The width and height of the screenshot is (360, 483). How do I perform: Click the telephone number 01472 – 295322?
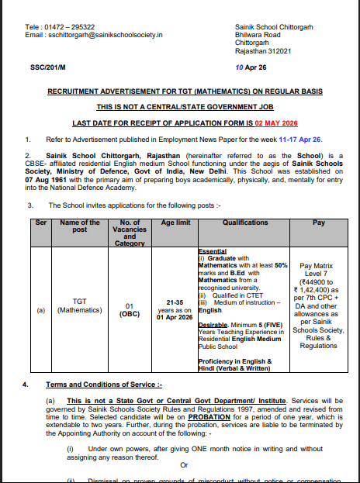pyautogui.click(x=64, y=27)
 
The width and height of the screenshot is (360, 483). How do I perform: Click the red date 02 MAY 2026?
pyautogui.click(x=276, y=123)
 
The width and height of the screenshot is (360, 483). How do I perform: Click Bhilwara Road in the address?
pyautogui.click(x=258, y=35)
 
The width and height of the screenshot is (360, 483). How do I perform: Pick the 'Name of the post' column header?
pyautogui.click(x=81, y=225)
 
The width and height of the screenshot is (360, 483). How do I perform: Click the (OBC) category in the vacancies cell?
pyautogui.click(x=129, y=314)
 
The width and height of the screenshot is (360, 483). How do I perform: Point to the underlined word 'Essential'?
pyautogui.click(x=213, y=252)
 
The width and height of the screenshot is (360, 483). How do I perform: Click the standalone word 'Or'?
pyautogui.click(x=185, y=465)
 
